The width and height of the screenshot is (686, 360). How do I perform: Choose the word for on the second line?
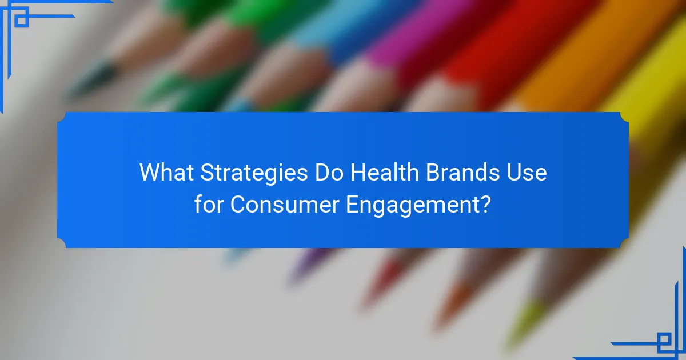click(209, 204)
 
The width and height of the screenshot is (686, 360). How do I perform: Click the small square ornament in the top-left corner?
click(22, 19)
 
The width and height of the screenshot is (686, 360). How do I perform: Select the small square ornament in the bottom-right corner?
click(664, 341)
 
